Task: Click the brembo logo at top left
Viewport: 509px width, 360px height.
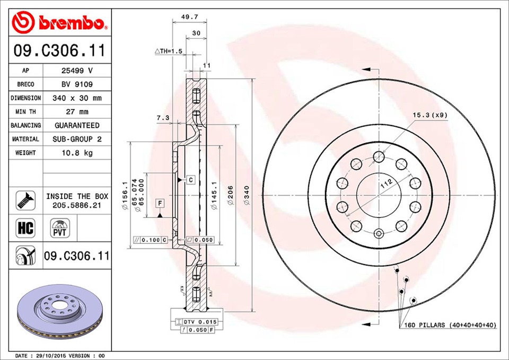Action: (x=59, y=23)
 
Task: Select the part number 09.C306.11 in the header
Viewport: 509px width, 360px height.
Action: (x=59, y=51)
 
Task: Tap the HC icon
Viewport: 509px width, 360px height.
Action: (x=25, y=229)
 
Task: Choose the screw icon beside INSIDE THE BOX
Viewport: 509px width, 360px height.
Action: (x=25, y=200)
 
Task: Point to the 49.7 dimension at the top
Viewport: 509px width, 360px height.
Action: (x=186, y=17)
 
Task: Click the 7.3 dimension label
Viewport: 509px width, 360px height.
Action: (x=163, y=118)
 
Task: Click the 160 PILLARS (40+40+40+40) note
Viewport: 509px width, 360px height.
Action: (x=449, y=324)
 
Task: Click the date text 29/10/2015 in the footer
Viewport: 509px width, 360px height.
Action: (x=52, y=355)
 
